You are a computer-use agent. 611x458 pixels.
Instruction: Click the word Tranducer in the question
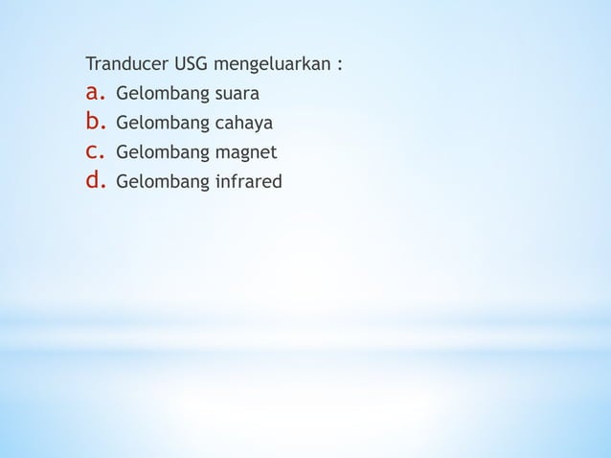click(x=127, y=66)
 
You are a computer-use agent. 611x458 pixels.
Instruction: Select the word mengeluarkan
click(x=272, y=67)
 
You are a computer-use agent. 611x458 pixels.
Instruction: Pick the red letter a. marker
click(x=95, y=93)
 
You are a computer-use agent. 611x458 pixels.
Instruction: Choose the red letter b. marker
click(x=95, y=122)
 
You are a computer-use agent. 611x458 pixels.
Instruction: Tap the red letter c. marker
click(x=95, y=150)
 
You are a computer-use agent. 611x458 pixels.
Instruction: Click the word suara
click(x=237, y=95)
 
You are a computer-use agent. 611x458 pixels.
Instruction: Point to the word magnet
click(x=244, y=152)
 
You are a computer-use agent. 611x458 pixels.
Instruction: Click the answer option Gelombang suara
click(x=188, y=95)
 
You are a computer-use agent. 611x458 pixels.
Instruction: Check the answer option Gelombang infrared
click(x=198, y=180)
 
